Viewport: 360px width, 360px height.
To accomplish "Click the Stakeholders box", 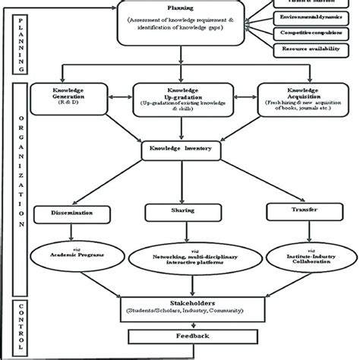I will [180, 308].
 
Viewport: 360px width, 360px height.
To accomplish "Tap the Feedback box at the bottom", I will [180, 335].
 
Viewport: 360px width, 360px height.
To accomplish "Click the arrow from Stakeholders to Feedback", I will [180, 323].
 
